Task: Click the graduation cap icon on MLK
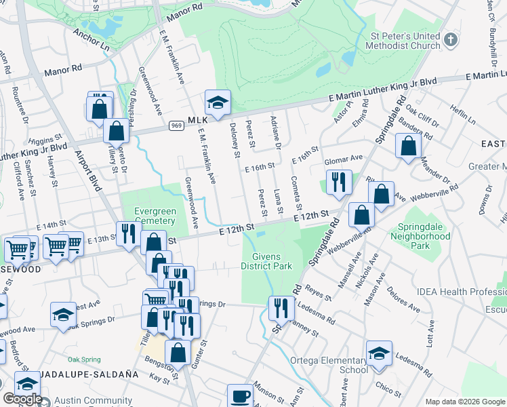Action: click(x=218, y=102)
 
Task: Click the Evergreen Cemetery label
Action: click(x=155, y=216)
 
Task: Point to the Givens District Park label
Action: click(x=266, y=261)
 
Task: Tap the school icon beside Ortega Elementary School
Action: click(x=379, y=353)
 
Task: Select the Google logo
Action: click(x=22, y=399)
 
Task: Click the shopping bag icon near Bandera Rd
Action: click(x=408, y=146)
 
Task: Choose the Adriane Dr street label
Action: click(x=276, y=133)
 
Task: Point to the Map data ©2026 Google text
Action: click(x=464, y=402)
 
